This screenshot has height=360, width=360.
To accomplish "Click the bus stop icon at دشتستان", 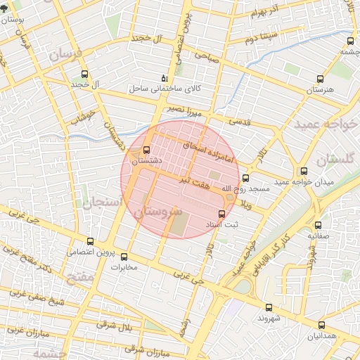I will pyautogui.click(x=146, y=150).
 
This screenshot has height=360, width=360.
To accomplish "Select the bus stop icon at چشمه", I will pyautogui.click(x=344, y=41).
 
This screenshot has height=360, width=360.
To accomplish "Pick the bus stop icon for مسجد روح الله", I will pyautogui.click(x=245, y=178).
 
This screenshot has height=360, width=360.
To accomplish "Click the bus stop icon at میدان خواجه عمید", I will pyautogui.click(x=304, y=171).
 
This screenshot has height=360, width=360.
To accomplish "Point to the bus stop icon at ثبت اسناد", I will pyautogui.click(x=222, y=213).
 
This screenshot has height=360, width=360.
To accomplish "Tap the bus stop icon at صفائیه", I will pyautogui.click(x=319, y=226).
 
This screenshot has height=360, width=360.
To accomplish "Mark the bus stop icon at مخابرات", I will pyautogui.click(x=124, y=257).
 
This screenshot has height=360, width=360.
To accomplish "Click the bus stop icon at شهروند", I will pyautogui.click(x=269, y=307).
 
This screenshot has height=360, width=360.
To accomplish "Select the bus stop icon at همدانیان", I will pyautogui.click(x=321, y=325).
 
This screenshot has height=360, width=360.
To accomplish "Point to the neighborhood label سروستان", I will pyautogui.click(x=157, y=212).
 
